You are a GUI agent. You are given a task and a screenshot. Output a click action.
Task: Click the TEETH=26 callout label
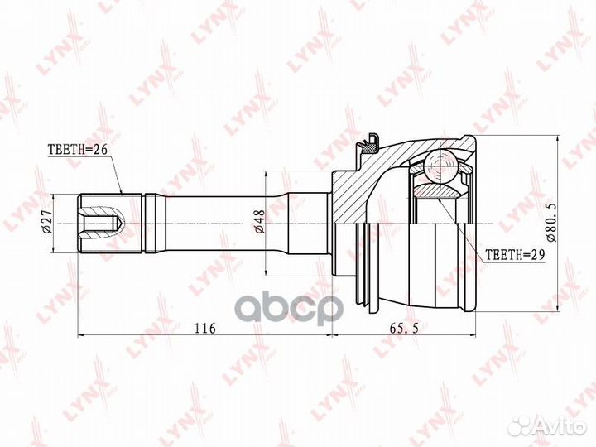[x=78, y=149]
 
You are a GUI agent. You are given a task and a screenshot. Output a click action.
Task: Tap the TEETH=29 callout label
[x=516, y=255]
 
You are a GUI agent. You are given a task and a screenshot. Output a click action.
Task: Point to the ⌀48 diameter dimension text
[x=259, y=223]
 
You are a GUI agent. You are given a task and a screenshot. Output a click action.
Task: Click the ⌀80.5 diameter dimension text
[x=551, y=223]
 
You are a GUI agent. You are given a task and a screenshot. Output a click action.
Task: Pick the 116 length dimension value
[x=205, y=328]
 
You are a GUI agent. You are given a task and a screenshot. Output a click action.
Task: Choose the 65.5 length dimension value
[x=404, y=328]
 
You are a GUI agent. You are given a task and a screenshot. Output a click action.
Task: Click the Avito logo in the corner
[x=547, y=426]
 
